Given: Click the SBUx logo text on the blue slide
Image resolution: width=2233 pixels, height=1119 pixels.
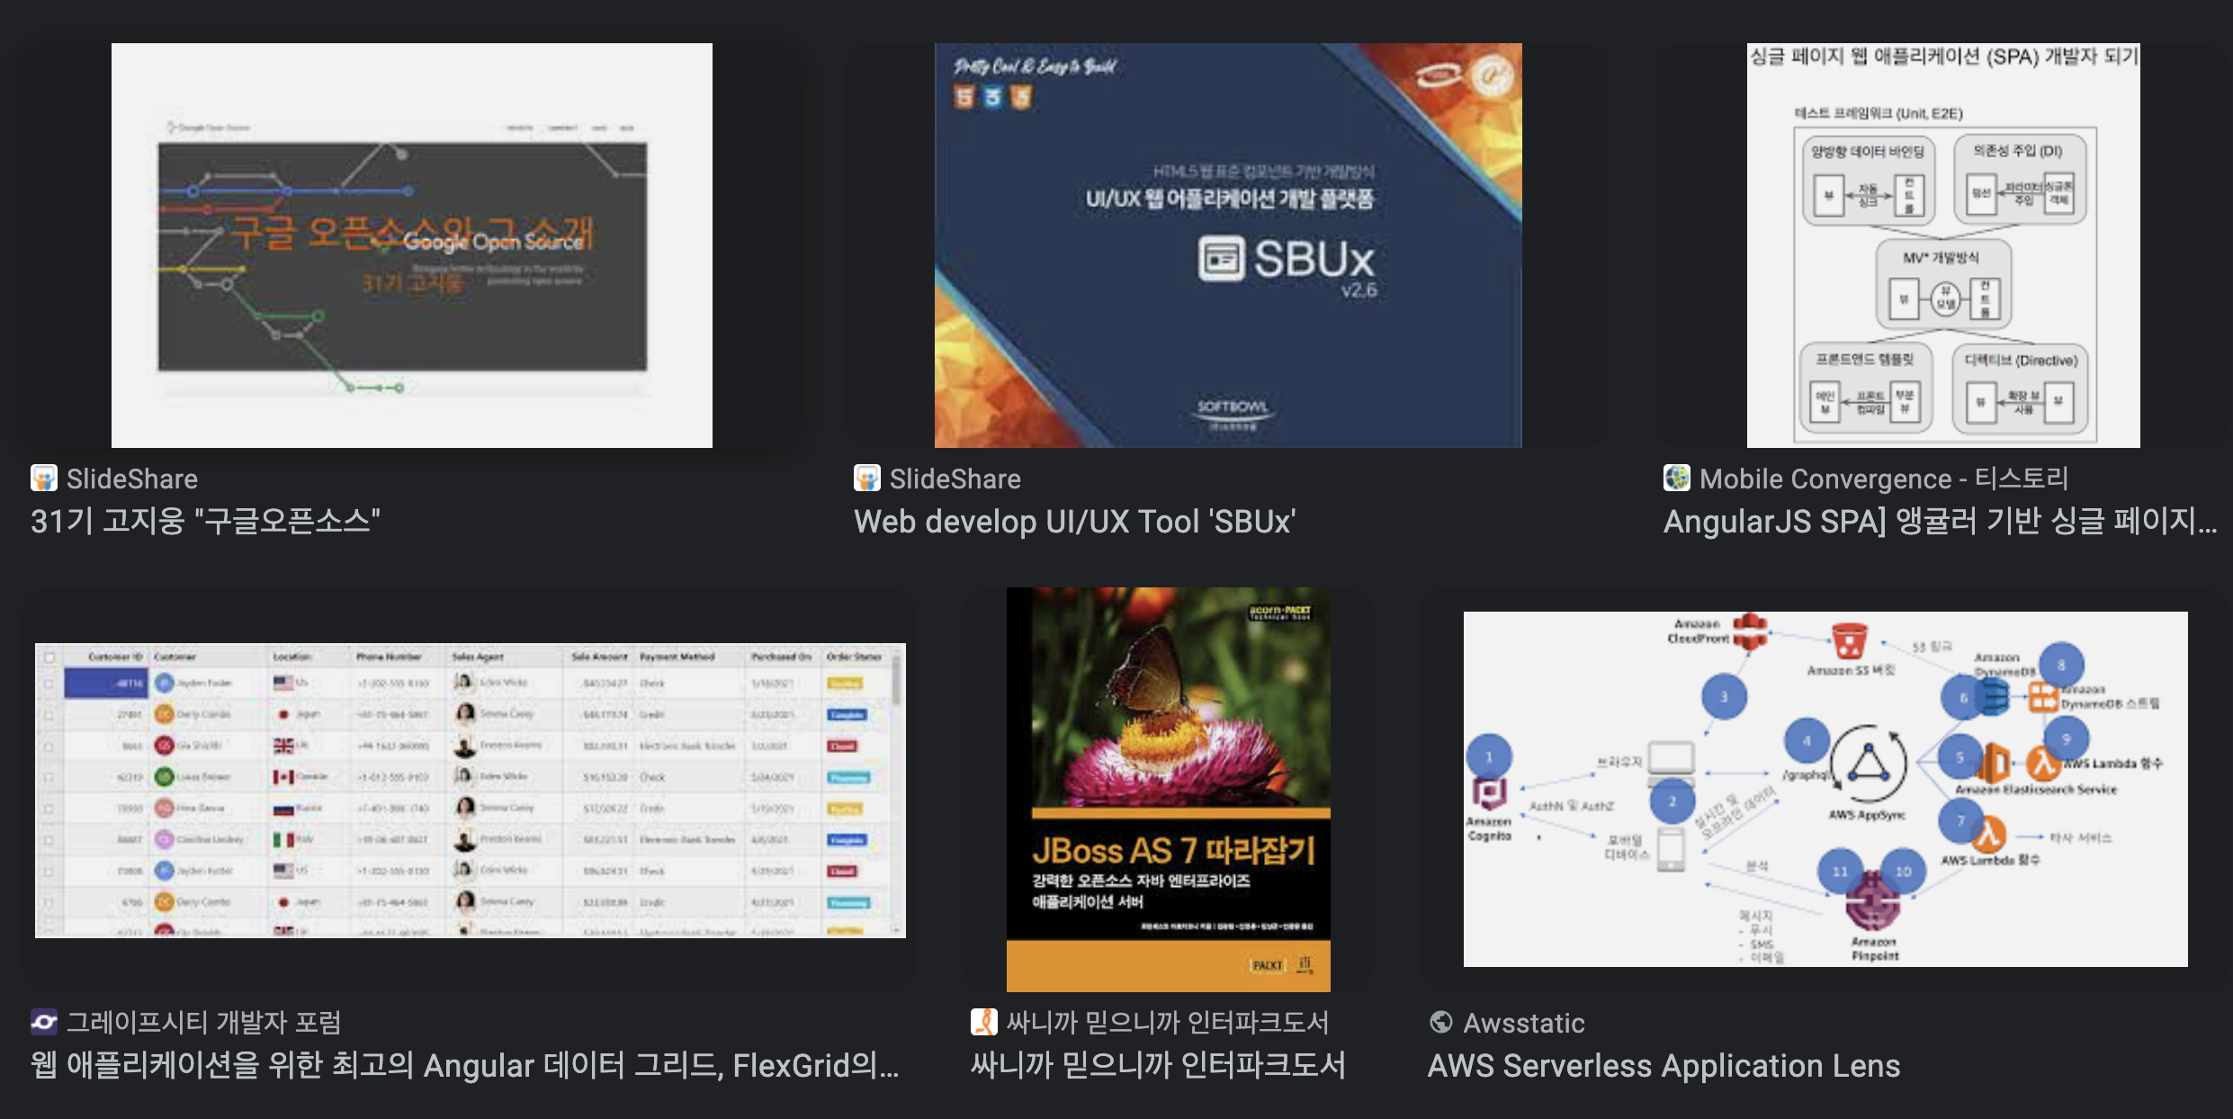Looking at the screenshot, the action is point(1314,259).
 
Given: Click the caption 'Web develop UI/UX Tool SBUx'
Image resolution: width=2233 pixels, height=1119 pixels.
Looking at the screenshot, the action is point(1074,522).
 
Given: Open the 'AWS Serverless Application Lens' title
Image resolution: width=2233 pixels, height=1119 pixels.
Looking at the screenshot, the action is point(1664,1066).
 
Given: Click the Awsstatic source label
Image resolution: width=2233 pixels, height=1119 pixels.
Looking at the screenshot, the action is point(1524,1023).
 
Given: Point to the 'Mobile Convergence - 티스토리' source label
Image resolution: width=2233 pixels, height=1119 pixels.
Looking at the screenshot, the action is point(1883,479).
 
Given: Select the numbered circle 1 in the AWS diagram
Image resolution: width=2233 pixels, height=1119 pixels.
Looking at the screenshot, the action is point(1489,756).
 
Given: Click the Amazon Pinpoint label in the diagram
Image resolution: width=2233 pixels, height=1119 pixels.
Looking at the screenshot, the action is point(1875,949).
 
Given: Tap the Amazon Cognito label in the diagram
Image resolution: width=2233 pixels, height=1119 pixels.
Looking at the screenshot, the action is point(1489,828).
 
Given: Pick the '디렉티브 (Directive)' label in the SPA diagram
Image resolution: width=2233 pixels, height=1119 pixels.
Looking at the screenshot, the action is point(2021,361).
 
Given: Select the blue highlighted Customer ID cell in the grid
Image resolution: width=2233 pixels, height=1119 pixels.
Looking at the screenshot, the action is point(105,684).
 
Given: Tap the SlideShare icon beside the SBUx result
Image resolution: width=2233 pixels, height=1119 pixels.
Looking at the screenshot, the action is point(867,479).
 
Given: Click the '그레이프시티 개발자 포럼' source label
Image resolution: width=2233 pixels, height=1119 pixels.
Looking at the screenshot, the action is point(203,1023).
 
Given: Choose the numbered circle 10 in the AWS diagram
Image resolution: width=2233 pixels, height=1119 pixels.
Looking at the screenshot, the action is point(1903,871).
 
